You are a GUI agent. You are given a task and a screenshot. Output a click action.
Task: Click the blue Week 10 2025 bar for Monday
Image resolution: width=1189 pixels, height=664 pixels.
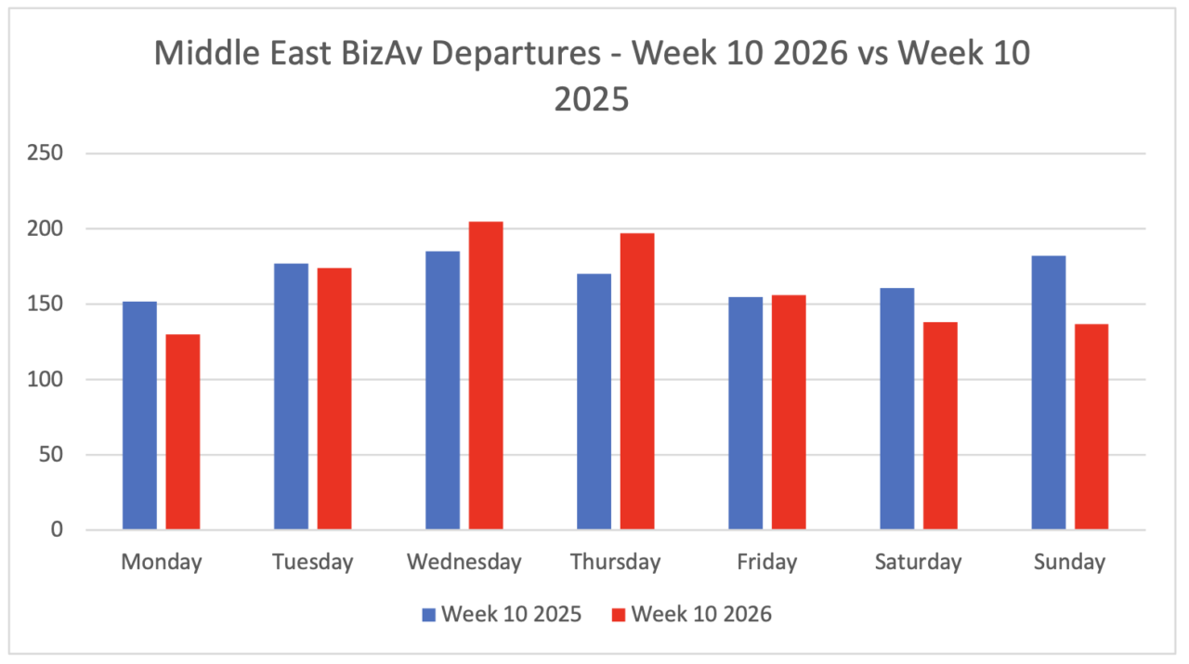(x=139, y=415)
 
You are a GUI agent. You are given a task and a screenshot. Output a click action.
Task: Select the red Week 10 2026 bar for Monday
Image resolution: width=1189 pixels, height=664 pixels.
(x=183, y=432)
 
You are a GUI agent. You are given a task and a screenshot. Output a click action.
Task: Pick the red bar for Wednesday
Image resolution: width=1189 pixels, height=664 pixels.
(x=486, y=375)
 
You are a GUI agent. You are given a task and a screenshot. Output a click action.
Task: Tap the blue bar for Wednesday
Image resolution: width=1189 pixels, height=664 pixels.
(x=442, y=390)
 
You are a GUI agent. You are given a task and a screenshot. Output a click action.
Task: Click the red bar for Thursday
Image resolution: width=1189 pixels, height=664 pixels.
(x=637, y=381)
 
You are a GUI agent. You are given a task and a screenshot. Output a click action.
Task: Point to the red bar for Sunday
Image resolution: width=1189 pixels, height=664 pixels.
(x=1091, y=426)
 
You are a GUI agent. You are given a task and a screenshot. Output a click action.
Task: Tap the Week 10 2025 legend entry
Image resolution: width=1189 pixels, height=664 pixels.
(x=502, y=614)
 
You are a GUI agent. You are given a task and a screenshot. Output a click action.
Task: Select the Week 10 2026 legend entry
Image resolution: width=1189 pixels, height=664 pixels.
(x=691, y=614)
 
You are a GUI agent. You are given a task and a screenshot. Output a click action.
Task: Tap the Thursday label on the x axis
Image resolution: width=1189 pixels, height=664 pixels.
(x=615, y=562)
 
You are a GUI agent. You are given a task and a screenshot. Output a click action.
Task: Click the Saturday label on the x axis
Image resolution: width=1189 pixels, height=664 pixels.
(x=918, y=562)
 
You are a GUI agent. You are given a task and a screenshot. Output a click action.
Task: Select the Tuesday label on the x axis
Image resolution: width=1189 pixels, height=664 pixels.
(x=312, y=562)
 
